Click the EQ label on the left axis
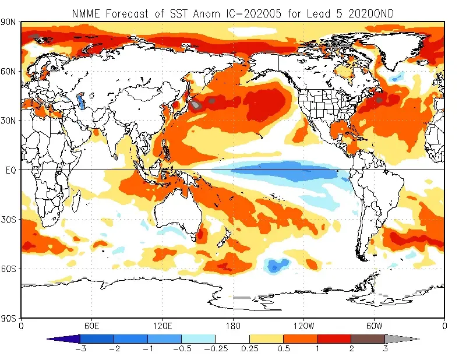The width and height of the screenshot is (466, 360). tap(10, 170)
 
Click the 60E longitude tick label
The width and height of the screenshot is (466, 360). tap(91, 326)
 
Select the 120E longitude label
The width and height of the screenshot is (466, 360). tap(162, 326)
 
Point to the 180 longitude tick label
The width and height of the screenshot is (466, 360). tap(233, 326)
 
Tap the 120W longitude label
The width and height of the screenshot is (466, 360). tap(303, 326)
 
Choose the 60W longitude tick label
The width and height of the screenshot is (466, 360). tap(374, 326)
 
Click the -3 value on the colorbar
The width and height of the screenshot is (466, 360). tap(78, 349)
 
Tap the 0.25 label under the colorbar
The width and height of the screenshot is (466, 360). tap(249, 349)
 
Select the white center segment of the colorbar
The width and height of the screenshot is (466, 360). tap(232, 338)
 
